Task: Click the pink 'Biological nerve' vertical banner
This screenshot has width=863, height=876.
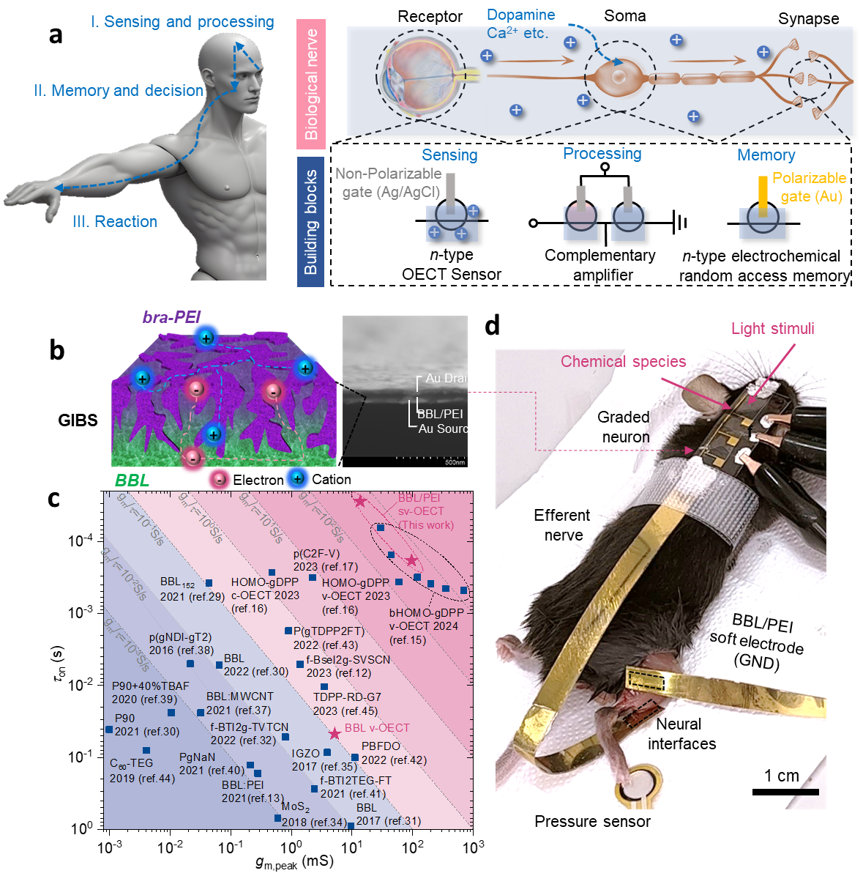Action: [x=311, y=83]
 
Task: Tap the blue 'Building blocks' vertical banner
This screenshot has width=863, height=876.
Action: [x=311, y=221]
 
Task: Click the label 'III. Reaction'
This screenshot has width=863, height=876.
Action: [x=115, y=221]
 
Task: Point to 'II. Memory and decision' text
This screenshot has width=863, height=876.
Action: [x=119, y=91]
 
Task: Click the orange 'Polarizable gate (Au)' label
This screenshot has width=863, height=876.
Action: [x=810, y=187]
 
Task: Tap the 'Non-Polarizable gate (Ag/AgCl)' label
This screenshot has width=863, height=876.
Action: [x=389, y=182]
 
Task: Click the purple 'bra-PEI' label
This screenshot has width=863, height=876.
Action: [x=171, y=317]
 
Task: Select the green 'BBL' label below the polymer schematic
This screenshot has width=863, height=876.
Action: [x=132, y=480]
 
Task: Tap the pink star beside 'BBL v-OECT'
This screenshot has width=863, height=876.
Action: [x=335, y=733]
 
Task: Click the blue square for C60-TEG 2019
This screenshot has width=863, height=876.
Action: [x=146, y=750]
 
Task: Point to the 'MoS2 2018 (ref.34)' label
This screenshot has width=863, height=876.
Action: [x=314, y=814]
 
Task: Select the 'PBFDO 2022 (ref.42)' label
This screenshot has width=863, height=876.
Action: [x=394, y=753]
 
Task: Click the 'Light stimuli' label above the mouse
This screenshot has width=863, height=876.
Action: [x=772, y=328]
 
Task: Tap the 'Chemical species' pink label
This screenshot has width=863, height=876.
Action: [x=624, y=361]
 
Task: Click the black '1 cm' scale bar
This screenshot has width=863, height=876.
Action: [x=785, y=792]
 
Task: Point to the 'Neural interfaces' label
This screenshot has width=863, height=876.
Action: [x=681, y=734]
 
